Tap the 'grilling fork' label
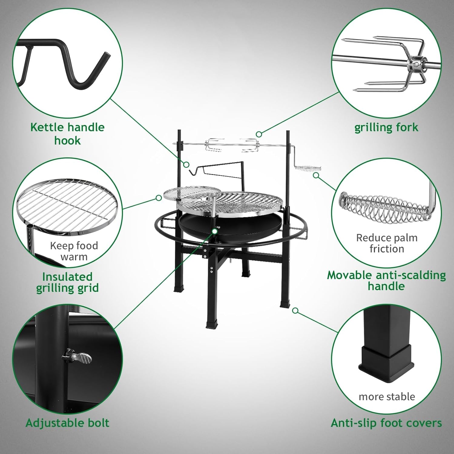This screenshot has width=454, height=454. coord(386,127)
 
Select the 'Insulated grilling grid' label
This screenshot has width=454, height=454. coord(67,282)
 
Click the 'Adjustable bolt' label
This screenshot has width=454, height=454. coord(67,423)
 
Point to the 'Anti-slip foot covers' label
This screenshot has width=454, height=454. coord(386,423)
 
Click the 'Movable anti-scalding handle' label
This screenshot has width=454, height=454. coord(386,280)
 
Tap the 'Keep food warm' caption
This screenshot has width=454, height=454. coord(74,251)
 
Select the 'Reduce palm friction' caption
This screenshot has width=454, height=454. coord(387,243)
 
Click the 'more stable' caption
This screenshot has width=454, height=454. coord(387,396)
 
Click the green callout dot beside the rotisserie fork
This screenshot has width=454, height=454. coord(258,134)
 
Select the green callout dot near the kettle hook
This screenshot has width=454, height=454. coord(186,165)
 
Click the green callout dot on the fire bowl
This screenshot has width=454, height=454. coord(215,231)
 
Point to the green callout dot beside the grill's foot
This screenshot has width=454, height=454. coord(295,311)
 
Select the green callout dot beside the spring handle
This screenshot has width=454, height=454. coord(316,175)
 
